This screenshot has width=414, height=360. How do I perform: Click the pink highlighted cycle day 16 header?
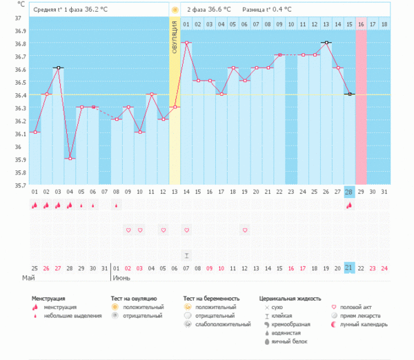pos(361,24)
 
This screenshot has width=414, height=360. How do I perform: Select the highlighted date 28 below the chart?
pos(349,191)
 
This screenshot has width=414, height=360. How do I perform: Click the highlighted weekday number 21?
pos(349,268)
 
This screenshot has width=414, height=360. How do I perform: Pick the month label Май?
pos(38,279)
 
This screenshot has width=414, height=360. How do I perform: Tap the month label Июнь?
pos(121,279)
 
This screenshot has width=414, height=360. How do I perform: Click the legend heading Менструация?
pos(53,299)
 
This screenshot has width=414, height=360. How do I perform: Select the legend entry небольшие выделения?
pos(68,316)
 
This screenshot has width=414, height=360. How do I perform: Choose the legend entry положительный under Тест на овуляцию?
pos(144,307)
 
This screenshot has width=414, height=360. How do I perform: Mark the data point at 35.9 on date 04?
pos(70,159)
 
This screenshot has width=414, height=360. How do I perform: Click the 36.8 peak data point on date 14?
pos(186,43)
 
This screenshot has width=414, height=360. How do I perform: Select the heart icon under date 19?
pos(244,230)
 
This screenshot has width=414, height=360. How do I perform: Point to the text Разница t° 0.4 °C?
pos(266,10)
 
